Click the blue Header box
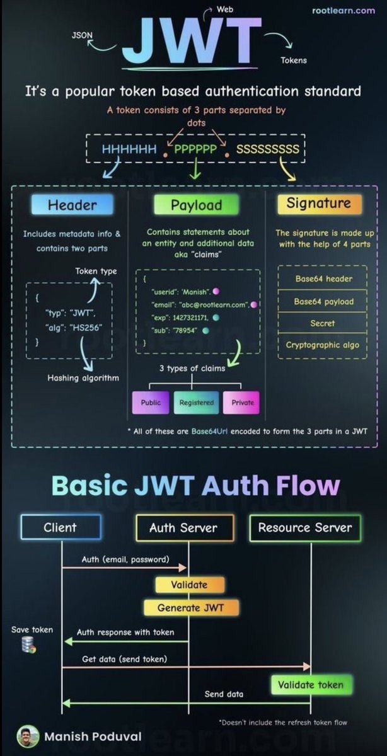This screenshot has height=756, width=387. coord(72,205)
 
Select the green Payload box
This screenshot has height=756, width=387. coord(196,205)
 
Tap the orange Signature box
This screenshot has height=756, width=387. coord(318,203)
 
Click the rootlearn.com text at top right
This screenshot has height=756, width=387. coord(344,11)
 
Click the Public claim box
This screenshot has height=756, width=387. coord(151,403)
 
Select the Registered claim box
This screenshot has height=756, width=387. coord(196,403)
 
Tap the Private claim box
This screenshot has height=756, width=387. coord(242,403)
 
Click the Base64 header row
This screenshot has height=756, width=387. coord(323,279)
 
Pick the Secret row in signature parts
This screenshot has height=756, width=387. coord(323,323)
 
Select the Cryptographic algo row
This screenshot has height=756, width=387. coord(323,345)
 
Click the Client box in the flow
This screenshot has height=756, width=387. coord(61,528)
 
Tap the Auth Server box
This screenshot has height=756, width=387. coord(183,528)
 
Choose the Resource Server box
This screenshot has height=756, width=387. coord(305,528)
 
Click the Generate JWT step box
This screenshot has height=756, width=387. coord(190,608)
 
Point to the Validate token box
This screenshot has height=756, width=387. coord(312,684)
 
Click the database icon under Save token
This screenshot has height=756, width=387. coord(28,644)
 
